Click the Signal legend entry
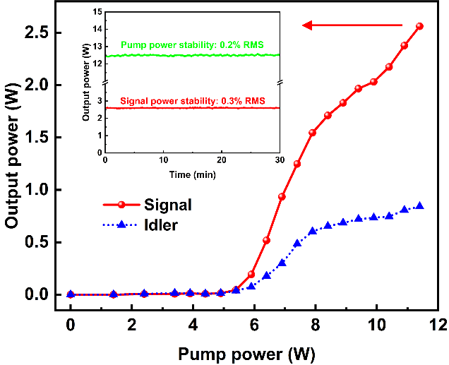[167, 205]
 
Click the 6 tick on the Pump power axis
[253, 325]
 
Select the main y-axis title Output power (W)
[12, 162]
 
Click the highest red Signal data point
[419, 26]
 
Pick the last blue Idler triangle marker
[419, 206]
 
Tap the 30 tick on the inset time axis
[280, 160]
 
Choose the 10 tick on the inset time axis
[164, 160]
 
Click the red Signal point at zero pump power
[71, 294]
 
